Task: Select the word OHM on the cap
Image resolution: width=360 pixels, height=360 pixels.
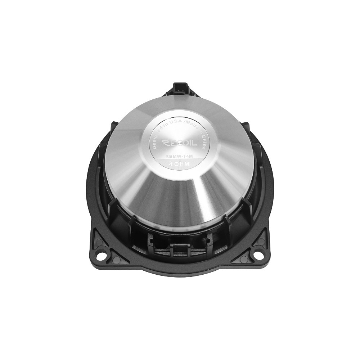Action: click(183, 164)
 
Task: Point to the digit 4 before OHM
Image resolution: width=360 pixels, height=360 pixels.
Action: click(171, 164)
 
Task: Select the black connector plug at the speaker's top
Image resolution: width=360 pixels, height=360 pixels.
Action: click(180, 88)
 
